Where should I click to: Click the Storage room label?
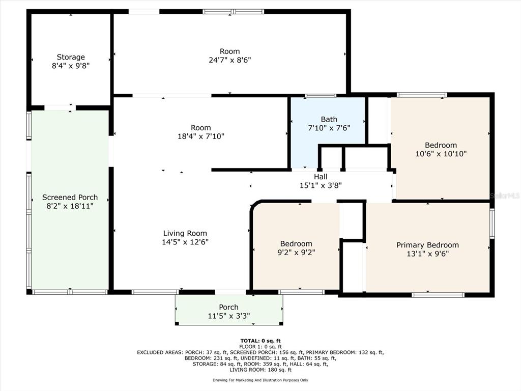click(71, 57)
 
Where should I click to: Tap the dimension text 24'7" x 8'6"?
click(229, 60)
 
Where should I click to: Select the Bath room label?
click(329, 119)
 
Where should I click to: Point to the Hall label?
click(321, 177)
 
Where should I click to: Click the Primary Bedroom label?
click(427, 245)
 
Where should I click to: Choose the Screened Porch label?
click(70, 197)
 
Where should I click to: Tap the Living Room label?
click(185, 233)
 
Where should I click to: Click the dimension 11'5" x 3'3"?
click(228, 316)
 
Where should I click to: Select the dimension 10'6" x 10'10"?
click(441, 154)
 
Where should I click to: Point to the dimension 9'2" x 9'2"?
click(296, 253)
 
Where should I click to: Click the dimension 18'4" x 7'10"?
click(200, 136)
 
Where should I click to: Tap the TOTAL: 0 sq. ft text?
click(260, 341)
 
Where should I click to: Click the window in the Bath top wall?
click(321, 96)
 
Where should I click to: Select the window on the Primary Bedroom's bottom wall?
click(438, 295)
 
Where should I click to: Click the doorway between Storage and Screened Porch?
click(60, 108)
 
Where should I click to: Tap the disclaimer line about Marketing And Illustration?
click(260, 380)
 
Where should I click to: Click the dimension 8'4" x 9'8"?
click(71, 66)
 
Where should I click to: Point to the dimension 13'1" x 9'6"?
click(427, 254)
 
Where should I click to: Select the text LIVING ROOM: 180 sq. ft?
click(260, 370)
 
